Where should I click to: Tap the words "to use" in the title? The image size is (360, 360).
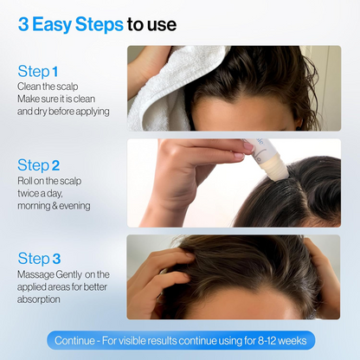coord(151,24)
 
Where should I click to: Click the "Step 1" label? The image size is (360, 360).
coord(37,72)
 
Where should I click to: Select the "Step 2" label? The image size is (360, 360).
coord(38,164)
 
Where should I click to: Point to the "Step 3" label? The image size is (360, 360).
coord(38,259)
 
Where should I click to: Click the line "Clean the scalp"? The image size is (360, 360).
coord(47,87)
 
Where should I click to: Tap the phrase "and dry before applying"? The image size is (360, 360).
coord(63,112)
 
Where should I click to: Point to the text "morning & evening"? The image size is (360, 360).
coord(54,205)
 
